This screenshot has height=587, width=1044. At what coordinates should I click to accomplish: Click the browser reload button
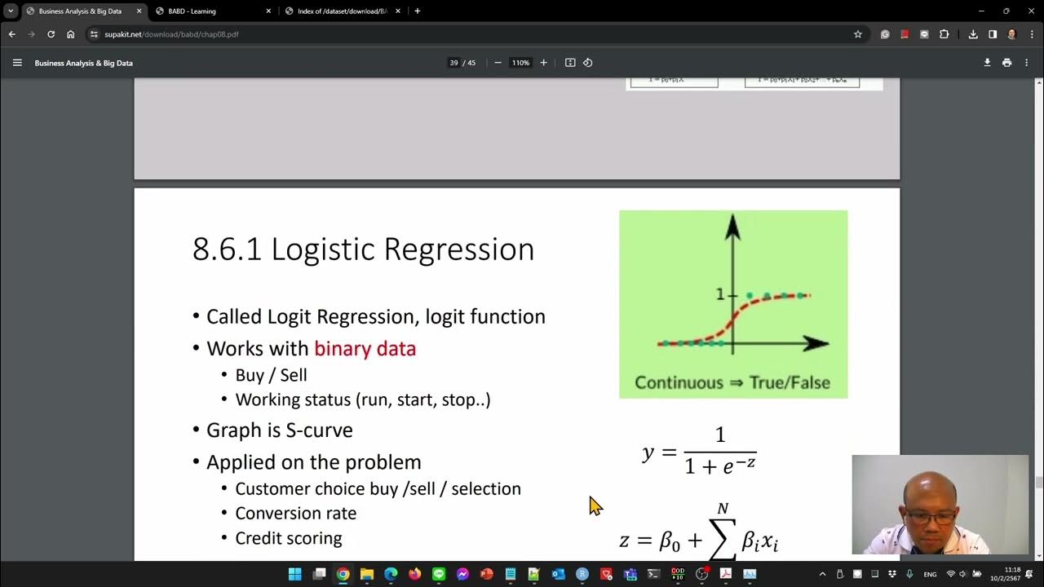[x=51, y=34]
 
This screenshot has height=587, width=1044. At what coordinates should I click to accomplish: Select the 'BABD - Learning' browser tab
[x=192, y=11]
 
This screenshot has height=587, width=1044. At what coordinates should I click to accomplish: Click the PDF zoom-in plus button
[x=543, y=63]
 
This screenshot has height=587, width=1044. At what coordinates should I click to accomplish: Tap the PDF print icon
[x=1006, y=63]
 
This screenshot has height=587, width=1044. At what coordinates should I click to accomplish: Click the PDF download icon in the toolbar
[x=987, y=63]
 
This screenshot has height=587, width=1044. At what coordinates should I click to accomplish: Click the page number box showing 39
[x=453, y=63]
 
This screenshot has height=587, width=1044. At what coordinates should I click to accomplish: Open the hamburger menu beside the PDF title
[x=17, y=63]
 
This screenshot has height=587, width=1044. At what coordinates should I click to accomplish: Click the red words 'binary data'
[x=365, y=349]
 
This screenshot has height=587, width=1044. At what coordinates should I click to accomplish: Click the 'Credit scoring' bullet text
[x=289, y=538]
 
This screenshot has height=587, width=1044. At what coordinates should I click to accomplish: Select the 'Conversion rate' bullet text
[x=295, y=514]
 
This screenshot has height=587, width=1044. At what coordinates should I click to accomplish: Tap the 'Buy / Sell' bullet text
[x=271, y=375]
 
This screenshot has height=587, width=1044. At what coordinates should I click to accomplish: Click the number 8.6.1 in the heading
[x=227, y=249]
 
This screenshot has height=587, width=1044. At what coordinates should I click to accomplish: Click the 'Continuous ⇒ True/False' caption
[x=732, y=382]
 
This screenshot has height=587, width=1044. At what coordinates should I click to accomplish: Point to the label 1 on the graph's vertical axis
[x=719, y=294]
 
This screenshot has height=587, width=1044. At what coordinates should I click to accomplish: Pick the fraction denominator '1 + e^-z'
[x=720, y=466]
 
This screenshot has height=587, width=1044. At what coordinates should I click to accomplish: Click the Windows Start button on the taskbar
[x=294, y=574]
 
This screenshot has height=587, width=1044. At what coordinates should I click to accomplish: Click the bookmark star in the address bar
[x=858, y=34]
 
